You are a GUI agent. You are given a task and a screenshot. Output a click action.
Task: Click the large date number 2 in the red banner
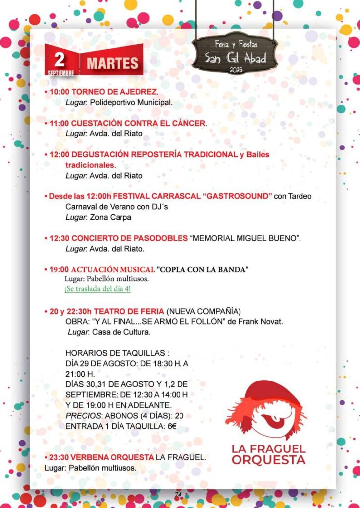coord(60,59)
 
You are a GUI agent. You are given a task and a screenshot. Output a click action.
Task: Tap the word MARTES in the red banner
coord(113,63)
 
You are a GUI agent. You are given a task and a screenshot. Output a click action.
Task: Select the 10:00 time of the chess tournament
coord(60,92)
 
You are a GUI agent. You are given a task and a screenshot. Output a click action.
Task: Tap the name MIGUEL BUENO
coord(268,238)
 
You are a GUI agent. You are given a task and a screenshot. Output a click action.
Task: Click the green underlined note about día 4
coord(98,289)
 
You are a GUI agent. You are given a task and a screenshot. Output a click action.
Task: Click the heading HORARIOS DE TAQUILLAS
coord(117,353)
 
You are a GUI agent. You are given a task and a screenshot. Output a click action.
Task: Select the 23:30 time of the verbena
coord(60,457)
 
